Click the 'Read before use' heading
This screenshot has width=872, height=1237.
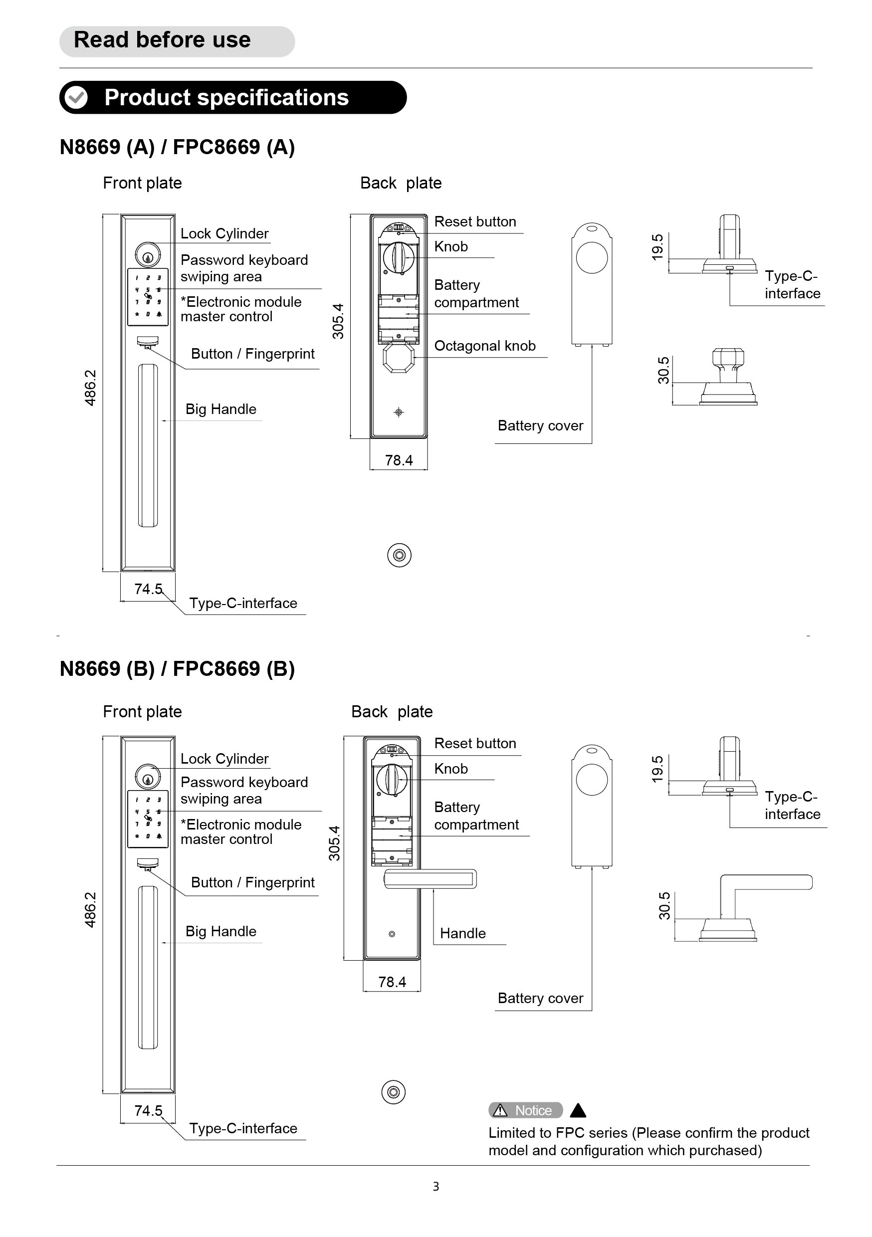[x=162, y=40]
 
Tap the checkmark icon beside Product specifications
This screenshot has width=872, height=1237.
[x=76, y=98]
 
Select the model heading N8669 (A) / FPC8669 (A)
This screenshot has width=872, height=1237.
[x=177, y=147]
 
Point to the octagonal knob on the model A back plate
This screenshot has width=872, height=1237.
[x=399, y=357]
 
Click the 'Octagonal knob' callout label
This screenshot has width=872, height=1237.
[x=484, y=346]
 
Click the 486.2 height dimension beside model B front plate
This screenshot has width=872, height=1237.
[x=90, y=909]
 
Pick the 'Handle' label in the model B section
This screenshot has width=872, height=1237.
[x=462, y=933]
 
